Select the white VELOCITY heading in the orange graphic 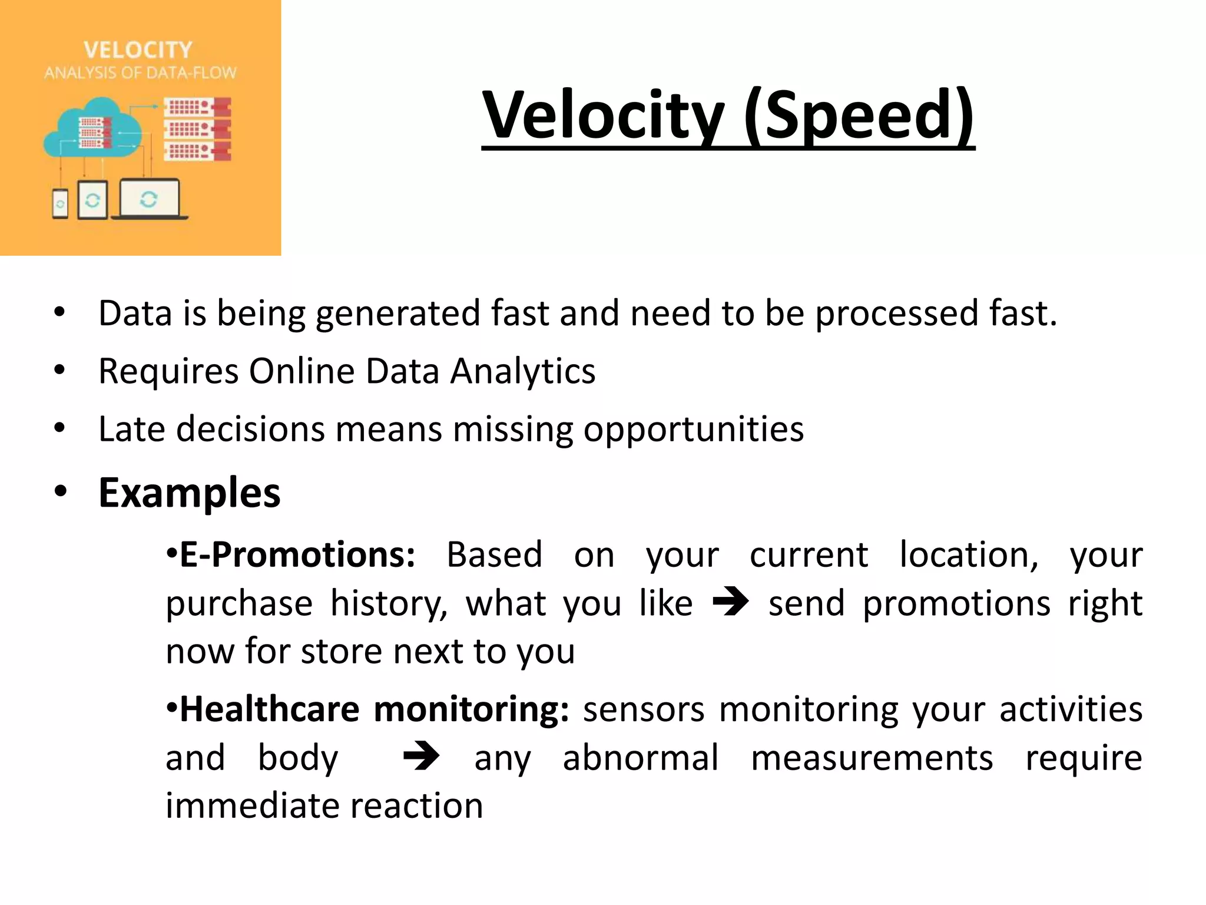pos(138,50)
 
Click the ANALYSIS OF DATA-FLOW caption pos(140,73)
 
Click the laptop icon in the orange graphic pos(150,199)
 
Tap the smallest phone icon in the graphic pos(60,204)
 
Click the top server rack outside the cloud pos(197,108)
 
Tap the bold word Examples pos(189,493)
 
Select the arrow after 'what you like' pos(730,602)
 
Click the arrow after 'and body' pos(421,757)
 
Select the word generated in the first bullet pos(397,313)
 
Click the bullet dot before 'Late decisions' pos(59,428)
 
